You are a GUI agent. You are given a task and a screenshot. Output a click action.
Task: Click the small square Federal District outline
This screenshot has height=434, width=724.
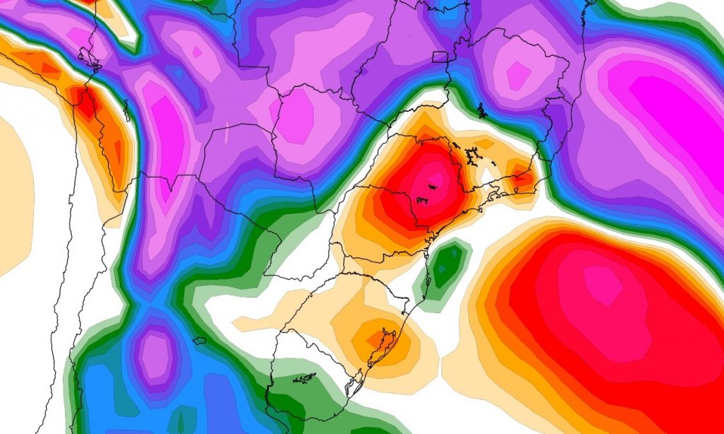coord(439,57)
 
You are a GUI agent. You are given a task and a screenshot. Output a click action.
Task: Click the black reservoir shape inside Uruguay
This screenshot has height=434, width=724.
coord(305,379)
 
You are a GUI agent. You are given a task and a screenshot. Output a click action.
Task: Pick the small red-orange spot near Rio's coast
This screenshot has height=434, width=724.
coord(523,178)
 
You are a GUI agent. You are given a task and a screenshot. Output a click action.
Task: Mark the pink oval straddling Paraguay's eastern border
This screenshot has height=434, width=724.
coord(297,113)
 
